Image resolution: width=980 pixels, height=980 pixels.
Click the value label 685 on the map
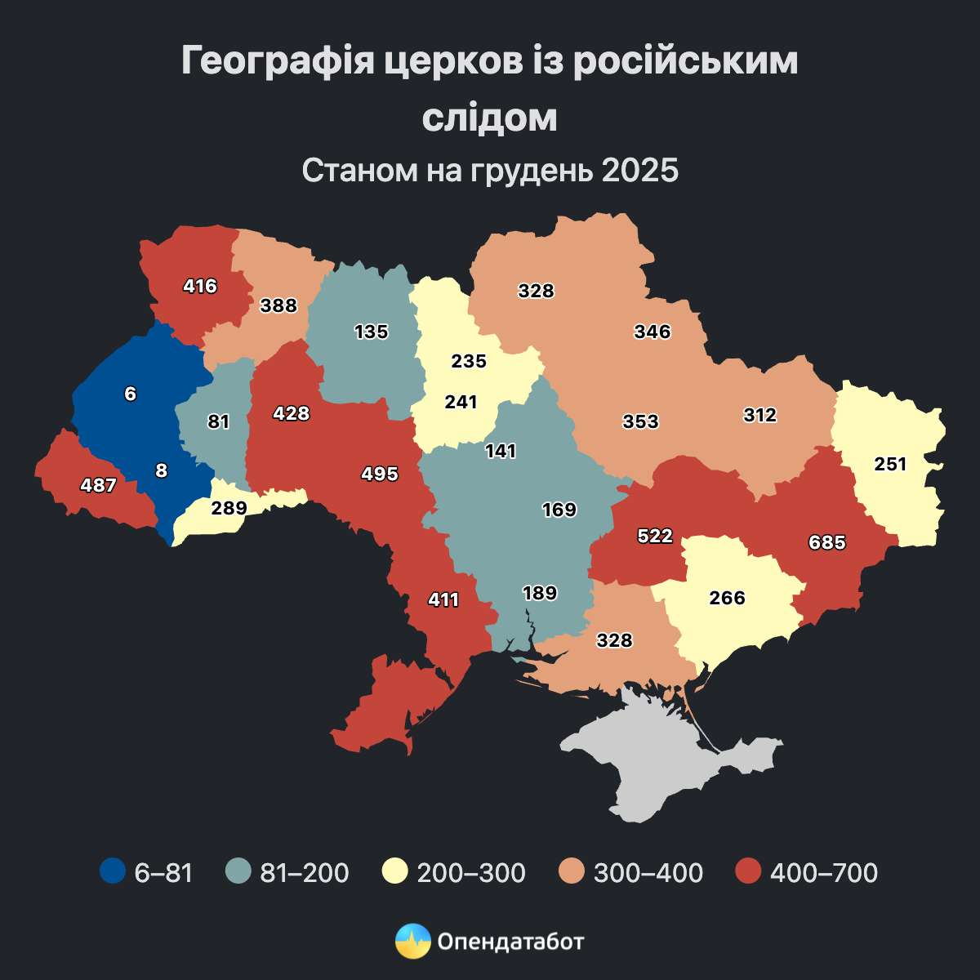826,542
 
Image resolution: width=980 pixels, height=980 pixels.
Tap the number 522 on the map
655,536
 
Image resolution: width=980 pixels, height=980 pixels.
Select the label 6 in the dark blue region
131,394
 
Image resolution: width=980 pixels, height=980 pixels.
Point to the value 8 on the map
161,470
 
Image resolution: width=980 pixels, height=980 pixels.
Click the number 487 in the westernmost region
98,485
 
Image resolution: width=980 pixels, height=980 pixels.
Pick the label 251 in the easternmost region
890,464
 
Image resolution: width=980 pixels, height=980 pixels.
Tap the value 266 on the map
727,598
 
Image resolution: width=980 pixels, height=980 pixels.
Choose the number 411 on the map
443,600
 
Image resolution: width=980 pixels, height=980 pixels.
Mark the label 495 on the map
380,474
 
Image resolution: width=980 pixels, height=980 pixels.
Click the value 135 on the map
371,332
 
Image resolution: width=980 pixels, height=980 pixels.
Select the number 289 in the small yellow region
229,508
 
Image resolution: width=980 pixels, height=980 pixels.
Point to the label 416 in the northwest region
200,286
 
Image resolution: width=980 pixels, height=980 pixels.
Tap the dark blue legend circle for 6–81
113,871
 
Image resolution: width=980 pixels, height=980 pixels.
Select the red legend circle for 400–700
748,871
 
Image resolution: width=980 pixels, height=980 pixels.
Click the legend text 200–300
471,872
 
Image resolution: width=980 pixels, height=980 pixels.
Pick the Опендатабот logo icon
412,941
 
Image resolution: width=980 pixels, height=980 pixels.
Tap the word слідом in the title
490,118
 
